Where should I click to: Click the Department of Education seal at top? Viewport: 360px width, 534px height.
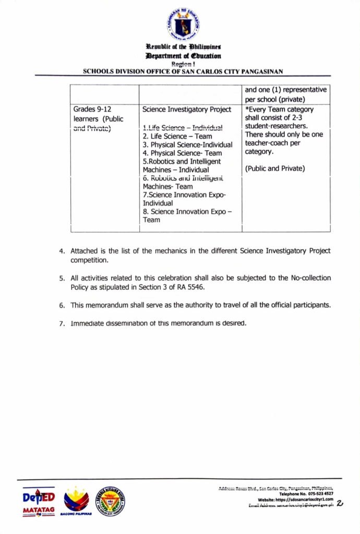click(183, 25)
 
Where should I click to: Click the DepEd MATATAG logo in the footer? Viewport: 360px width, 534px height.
click(39, 502)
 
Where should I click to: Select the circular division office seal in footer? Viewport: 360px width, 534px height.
click(110, 501)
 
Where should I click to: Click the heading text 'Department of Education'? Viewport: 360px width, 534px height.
click(183, 56)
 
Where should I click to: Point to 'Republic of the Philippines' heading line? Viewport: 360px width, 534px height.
click(183, 47)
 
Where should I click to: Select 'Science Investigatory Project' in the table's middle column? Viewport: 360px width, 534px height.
click(186, 110)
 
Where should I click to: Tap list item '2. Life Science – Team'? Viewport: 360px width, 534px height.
click(177, 136)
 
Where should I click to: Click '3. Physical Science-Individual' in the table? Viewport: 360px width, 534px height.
click(187, 144)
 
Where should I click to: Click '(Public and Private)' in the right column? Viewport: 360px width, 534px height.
click(275, 168)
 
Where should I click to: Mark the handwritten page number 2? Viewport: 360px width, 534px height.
click(340, 503)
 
